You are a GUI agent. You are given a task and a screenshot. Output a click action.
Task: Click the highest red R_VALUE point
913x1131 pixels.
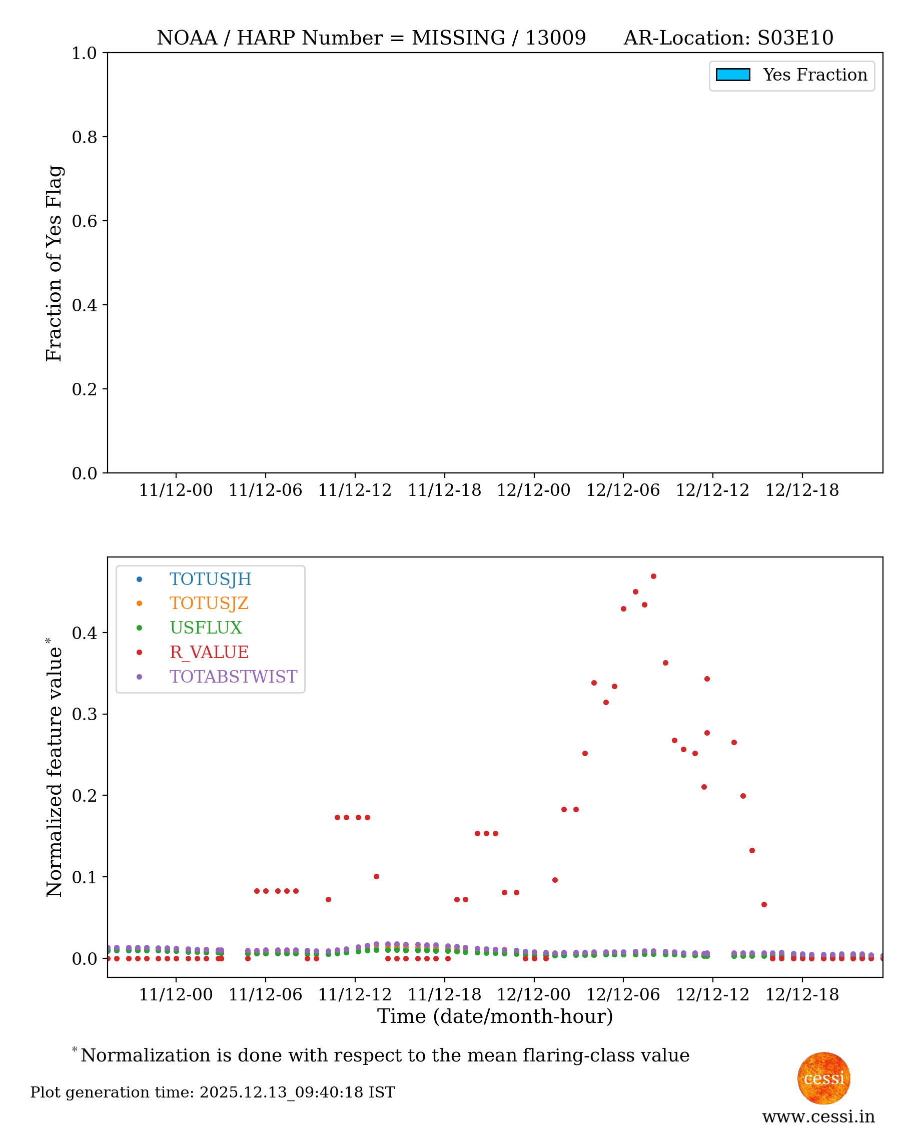coord(653,577)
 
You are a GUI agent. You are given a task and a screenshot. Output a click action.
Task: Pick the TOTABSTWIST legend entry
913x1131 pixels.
coord(233,677)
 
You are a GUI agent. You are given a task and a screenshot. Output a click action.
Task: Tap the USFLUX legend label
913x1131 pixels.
coord(206,628)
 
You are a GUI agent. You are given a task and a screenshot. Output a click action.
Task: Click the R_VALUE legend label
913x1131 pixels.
coord(209,652)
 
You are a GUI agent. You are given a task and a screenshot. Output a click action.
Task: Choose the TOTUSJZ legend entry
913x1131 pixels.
coord(209,604)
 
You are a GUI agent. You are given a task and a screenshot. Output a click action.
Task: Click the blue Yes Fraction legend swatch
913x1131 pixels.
coord(732,75)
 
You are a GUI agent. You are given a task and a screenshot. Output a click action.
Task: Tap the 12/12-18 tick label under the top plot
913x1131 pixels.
coord(801,490)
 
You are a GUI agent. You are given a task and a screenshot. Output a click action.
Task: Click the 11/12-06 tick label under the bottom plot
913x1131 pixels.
coord(266,995)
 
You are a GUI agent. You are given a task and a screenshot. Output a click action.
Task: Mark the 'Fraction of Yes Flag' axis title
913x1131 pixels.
coord(54,263)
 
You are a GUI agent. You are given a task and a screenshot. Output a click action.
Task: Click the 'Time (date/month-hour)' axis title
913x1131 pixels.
coord(495,1016)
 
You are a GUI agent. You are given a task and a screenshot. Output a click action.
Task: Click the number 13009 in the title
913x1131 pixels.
coord(555,38)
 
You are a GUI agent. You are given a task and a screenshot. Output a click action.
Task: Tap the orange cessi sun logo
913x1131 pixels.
coord(823,1078)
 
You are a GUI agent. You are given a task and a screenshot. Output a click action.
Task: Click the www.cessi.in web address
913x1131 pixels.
coord(818,1116)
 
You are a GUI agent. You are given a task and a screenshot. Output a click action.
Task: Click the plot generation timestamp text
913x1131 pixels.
coord(213,1092)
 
